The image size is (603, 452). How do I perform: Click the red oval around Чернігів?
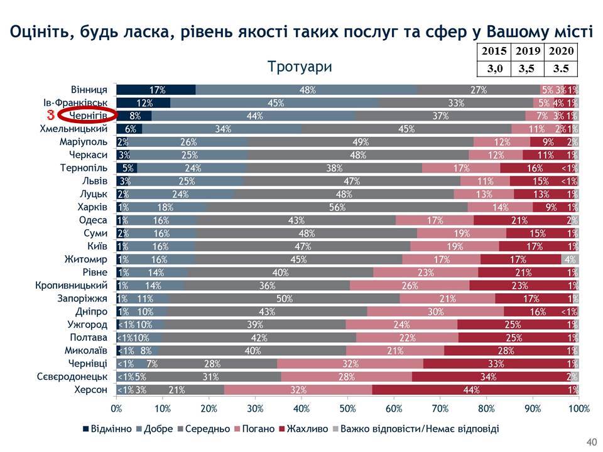87,116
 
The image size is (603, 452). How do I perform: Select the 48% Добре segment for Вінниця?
307,90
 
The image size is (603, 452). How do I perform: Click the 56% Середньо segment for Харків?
337,207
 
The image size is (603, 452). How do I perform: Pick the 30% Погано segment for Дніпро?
435,311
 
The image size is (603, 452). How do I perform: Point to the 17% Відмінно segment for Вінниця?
156,90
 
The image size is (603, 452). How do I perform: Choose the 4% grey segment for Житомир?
570,259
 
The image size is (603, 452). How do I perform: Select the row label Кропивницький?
79,286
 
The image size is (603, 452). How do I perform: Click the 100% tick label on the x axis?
578,409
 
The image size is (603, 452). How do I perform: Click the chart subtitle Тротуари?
299,67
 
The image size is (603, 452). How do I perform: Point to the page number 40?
590,440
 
